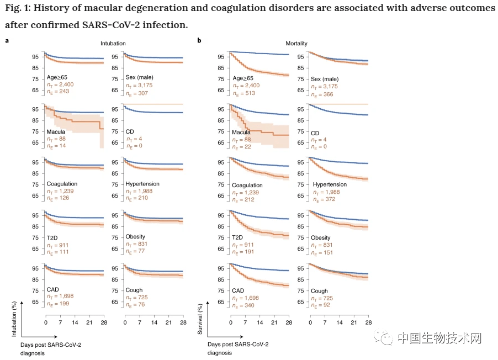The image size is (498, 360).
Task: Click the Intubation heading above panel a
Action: click(x=113, y=43)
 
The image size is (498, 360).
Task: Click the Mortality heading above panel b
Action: click(x=296, y=43)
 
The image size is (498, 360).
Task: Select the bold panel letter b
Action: click(x=199, y=40)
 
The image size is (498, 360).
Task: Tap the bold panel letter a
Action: click(x=7, y=41)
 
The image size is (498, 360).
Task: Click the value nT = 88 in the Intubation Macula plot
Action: click(x=56, y=139)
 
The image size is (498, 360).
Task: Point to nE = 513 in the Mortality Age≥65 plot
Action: click(x=244, y=93)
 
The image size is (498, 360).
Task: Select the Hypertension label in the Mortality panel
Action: click(x=330, y=184)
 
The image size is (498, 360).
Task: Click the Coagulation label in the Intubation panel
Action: click(x=62, y=184)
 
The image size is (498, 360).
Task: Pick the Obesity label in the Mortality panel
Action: click(x=320, y=237)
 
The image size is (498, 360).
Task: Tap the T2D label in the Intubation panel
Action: click(x=52, y=237)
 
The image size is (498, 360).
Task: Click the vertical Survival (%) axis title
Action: click(x=200, y=319)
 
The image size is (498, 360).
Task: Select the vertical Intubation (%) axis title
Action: click(x=14, y=319)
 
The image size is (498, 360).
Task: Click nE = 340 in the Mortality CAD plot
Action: click(x=243, y=306)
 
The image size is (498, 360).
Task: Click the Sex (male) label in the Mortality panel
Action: click(x=325, y=79)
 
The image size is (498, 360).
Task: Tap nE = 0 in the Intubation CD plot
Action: click(x=134, y=146)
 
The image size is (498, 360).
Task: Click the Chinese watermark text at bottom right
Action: click(x=439, y=338)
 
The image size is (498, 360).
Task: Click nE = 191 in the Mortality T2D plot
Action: click(x=243, y=252)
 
